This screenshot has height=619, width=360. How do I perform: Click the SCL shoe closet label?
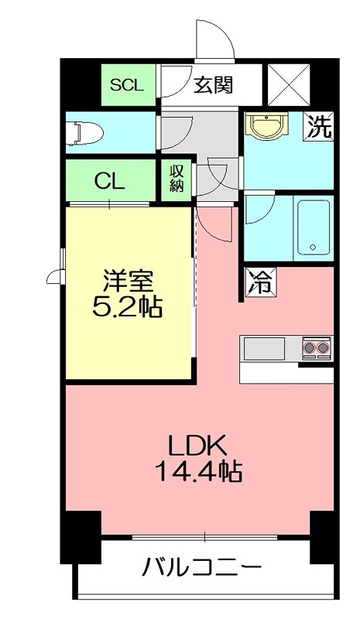coord(126,86)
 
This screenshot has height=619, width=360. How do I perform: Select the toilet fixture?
coord(84,134)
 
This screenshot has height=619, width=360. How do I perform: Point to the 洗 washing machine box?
coord(319,127)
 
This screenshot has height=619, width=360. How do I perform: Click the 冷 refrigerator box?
coord(259,282)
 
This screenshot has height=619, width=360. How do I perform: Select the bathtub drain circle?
coord(313,248)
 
